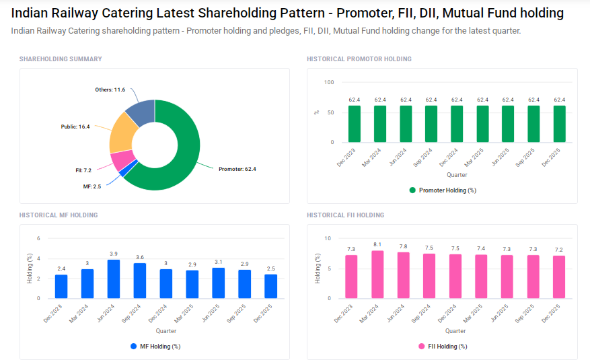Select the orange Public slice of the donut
pos(120,133)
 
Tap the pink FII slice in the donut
pos(121,160)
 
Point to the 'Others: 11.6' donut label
pos(110,89)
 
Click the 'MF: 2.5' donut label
pos(92,186)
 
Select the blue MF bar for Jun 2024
pos(114,279)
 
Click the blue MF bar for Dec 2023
pos(61,287)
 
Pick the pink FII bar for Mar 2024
pos(377,275)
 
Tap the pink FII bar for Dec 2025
pos(559,277)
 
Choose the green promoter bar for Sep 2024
pos(431,124)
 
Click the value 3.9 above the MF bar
pos(114,254)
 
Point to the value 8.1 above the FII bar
pos(377,244)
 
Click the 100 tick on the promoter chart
pos(329,82)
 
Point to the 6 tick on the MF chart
pos(39,238)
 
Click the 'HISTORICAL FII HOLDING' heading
pos(345,215)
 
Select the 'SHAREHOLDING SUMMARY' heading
pos(61,59)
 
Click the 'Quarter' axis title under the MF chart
pos(167,331)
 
